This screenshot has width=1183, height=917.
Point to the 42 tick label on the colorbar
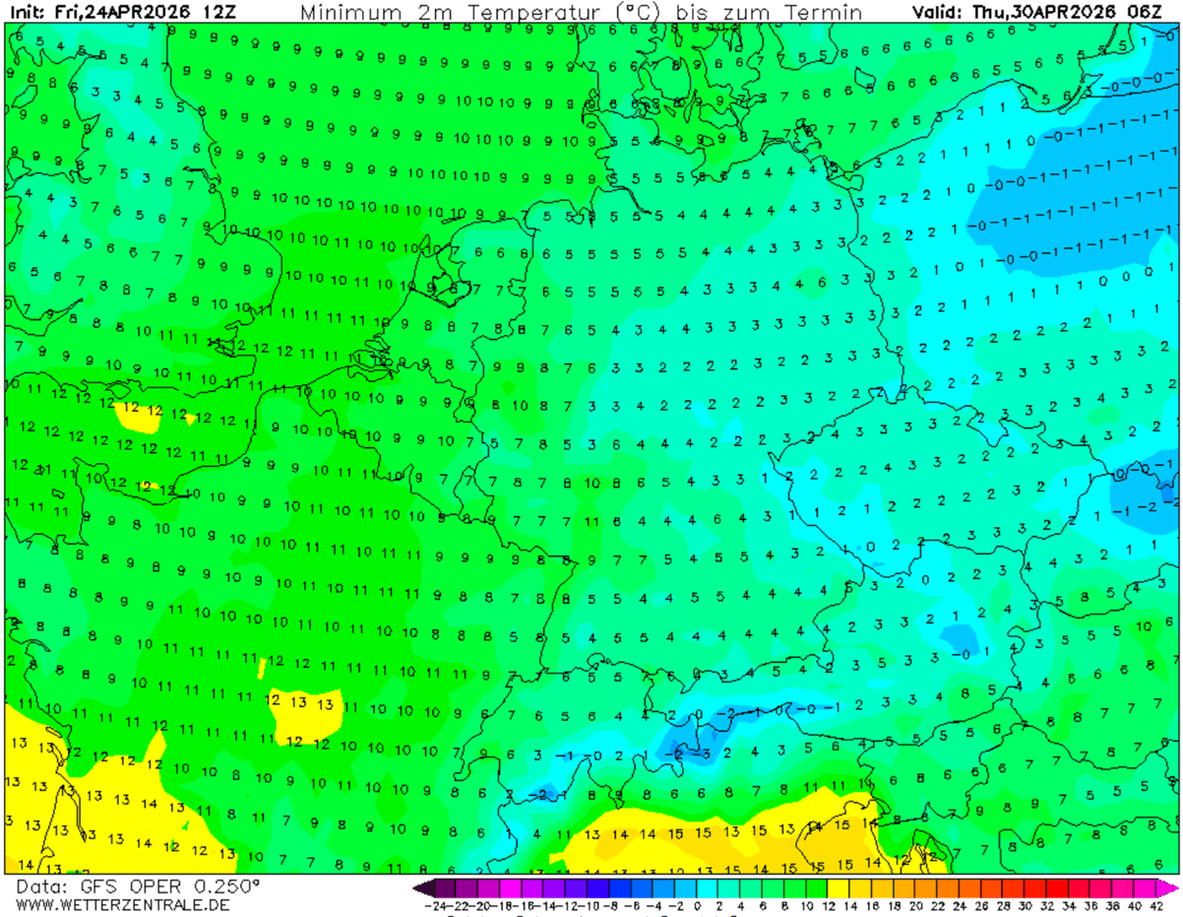[x=1155, y=905]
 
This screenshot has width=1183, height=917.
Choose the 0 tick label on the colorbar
[x=697, y=905]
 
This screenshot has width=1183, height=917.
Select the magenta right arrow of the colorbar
[x=1168, y=886]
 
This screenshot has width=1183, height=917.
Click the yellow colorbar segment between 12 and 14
[x=839, y=886]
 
